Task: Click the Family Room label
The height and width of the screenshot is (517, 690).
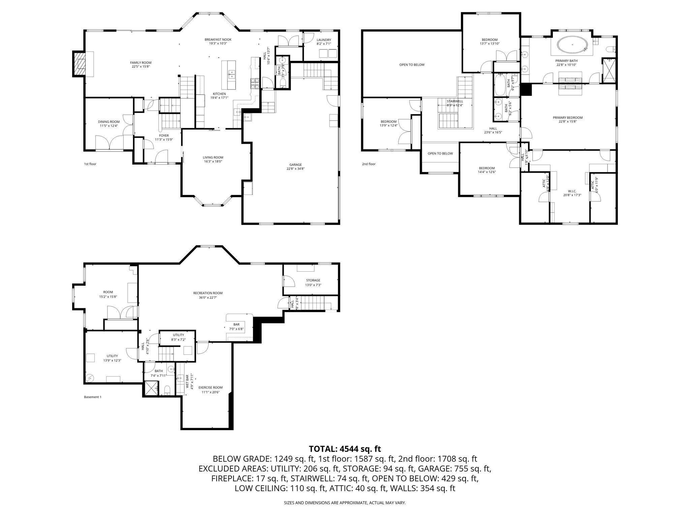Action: coord(141,63)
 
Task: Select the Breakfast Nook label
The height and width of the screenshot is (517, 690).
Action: coord(218,39)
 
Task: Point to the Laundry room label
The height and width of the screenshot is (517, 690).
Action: coord(323,40)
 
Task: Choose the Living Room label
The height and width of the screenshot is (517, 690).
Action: coord(213,157)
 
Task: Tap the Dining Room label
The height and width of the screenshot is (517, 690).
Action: coord(109,122)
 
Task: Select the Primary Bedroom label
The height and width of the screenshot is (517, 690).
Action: coord(567,118)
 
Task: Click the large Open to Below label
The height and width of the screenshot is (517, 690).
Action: coord(412,65)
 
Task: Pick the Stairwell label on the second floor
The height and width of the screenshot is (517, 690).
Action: coord(454,101)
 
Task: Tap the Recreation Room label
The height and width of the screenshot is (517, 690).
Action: coord(208,293)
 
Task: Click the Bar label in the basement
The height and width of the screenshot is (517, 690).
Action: coord(236,324)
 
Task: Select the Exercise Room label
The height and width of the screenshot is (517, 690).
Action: coord(210,387)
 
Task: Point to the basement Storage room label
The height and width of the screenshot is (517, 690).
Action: coord(313,280)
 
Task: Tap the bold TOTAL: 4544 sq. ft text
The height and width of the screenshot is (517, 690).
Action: coord(345,449)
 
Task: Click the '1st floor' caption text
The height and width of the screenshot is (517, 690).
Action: coord(90,164)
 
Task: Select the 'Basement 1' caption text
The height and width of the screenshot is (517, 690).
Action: coord(92,397)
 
